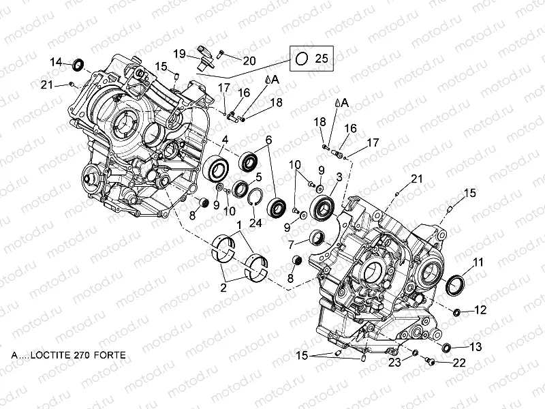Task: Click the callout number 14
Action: (57, 62)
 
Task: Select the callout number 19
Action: (179, 53)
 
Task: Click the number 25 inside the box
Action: (322, 59)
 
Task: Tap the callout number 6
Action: (268, 140)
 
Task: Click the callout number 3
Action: (339, 177)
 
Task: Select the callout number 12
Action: (480, 310)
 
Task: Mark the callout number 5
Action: (259, 177)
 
